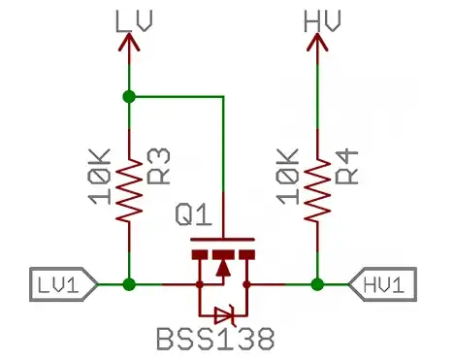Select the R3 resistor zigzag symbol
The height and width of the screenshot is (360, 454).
(x=129, y=190)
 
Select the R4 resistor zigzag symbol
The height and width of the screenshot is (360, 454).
(x=316, y=190)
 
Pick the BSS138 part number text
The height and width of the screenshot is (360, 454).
(x=214, y=340)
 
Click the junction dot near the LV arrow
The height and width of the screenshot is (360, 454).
(x=129, y=96)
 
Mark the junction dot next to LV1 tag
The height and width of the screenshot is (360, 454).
(x=129, y=284)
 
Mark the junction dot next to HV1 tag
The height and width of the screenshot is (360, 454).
(x=316, y=284)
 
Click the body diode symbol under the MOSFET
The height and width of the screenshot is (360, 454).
(x=224, y=312)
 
